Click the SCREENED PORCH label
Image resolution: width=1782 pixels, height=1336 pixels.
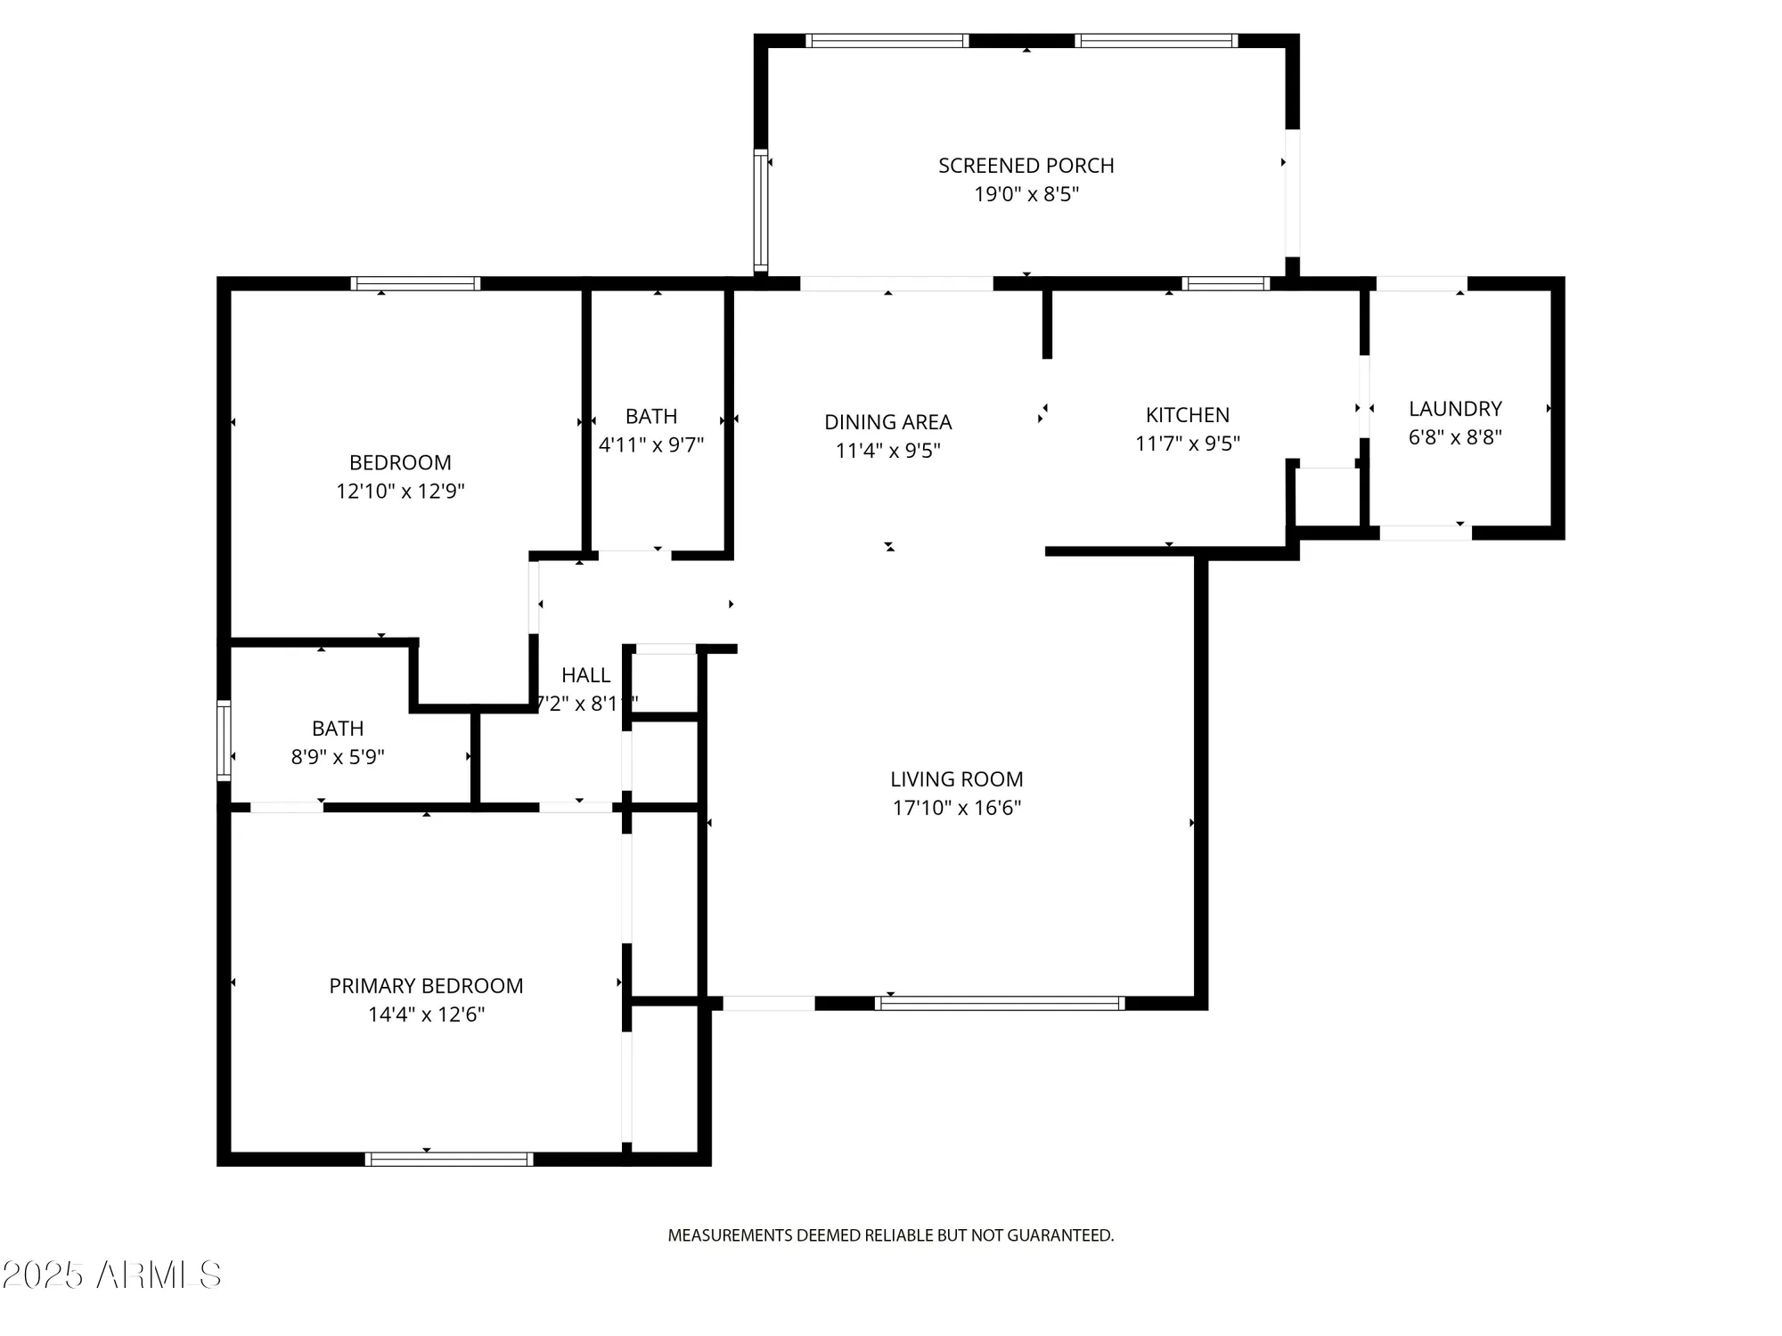pyautogui.click(x=1026, y=166)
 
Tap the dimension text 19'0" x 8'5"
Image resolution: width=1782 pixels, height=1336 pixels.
pyautogui.click(x=1026, y=194)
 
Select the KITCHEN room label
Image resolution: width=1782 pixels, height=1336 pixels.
pyautogui.click(x=1187, y=415)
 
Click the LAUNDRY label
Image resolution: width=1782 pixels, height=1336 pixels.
pyautogui.click(x=1455, y=409)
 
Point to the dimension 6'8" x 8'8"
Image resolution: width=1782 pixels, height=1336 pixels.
pyautogui.click(x=1455, y=437)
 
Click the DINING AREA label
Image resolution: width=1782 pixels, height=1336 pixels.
pyautogui.click(x=887, y=422)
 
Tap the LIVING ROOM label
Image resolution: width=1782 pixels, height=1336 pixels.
pyautogui.click(x=956, y=779)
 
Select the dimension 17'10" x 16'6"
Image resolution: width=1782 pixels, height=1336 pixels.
pyautogui.click(x=956, y=808)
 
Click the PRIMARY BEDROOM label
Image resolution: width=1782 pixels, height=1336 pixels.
pyautogui.click(x=426, y=986)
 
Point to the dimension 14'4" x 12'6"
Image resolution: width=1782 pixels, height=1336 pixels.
pyautogui.click(x=426, y=1014)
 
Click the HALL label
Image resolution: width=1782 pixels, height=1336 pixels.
pyautogui.click(x=585, y=675)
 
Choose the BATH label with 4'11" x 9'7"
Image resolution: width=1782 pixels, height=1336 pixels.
pyautogui.click(x=650, y=416)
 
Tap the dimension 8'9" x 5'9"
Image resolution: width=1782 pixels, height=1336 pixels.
pyautogui.click(x=338, y=757)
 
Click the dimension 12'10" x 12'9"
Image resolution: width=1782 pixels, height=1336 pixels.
pyautogui.click(x=400, y=491)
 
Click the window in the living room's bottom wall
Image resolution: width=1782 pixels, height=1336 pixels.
pyautogui.click(x=999, y=1003)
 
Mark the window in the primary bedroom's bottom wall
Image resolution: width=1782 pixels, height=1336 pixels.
pyautogui.click(x=449, y=1159)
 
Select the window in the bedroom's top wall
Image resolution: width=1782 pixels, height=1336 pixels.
pyautogui.click(x=415, y=283)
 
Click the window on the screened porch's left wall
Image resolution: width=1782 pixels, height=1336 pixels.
pyautogui.click(x=760, y=210)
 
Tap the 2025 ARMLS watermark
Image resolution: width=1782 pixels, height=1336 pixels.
pyautogui.click(x=111, y=1275)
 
